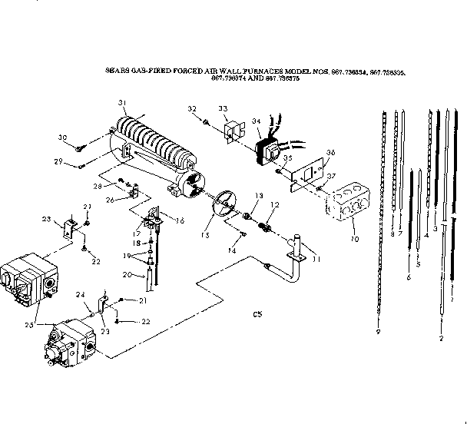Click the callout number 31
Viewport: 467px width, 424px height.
(121, 103)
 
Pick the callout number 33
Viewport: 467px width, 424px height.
(223, 109)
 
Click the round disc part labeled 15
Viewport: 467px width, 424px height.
(220, 204)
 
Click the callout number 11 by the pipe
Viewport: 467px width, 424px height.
(317, 260)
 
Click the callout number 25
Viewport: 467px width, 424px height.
(28, 325)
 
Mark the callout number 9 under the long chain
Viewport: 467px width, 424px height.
(378, 331)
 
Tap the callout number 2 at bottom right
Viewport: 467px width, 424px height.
(441, 338)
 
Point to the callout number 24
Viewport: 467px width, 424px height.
(79, 293)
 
